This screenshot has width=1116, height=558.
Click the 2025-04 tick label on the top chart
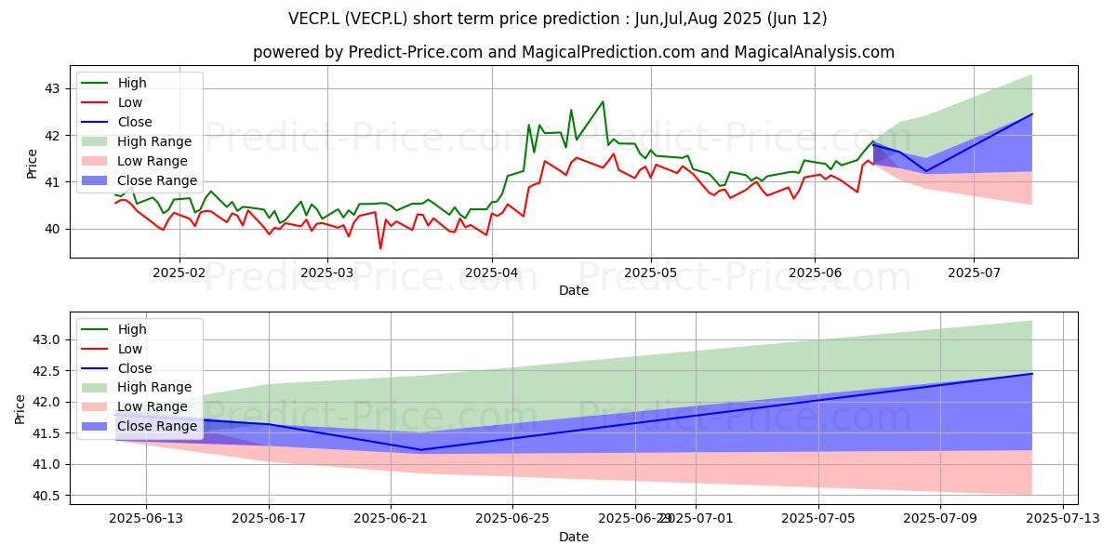point(492,272)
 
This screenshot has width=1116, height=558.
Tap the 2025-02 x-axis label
point(179,272)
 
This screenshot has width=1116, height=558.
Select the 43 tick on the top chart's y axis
point(52,88)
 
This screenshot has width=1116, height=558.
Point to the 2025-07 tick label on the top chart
point(974,272)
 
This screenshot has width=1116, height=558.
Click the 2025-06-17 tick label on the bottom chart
point(269,519)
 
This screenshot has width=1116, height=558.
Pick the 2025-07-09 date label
point(940,519)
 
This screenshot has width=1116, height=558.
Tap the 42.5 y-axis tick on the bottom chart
point(46,371)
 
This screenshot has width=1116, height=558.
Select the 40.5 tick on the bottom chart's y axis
point(46,496)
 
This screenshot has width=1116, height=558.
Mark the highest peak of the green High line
point(603,101)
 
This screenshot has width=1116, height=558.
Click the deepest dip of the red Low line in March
point(380,248)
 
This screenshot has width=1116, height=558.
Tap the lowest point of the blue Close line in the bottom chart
point(420,450)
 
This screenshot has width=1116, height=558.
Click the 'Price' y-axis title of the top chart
point(32,164)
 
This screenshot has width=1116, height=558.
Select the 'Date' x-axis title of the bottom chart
point(574,537)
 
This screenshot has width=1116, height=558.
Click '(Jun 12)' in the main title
point(797,19)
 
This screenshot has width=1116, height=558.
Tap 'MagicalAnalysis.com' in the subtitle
point(814,52)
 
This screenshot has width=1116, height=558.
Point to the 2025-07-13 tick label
point(1063,519)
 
